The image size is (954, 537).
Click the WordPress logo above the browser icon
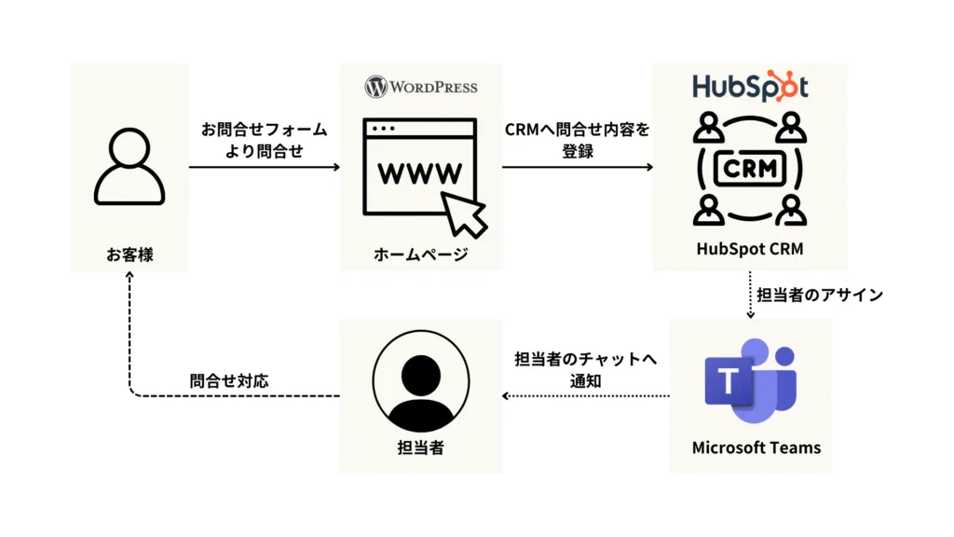tap(421, 87)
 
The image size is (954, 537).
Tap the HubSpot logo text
tap(750, 87)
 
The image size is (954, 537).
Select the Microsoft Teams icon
tap(750, 383)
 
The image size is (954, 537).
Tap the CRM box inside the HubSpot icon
tap(750, 168)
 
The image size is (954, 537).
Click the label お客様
tap(129, 254)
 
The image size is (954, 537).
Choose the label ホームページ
tap(421, 254)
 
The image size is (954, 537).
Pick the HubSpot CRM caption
tap(750, 249)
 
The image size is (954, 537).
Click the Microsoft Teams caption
tap(756, 447)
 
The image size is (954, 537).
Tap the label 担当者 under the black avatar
tap(420, 447)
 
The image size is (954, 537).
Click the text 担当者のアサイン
tap(819, 296)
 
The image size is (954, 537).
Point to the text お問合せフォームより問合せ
tap(265, 140)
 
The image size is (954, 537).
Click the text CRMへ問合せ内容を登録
tap(578, 140)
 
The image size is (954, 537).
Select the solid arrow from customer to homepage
tap(265, 168)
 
